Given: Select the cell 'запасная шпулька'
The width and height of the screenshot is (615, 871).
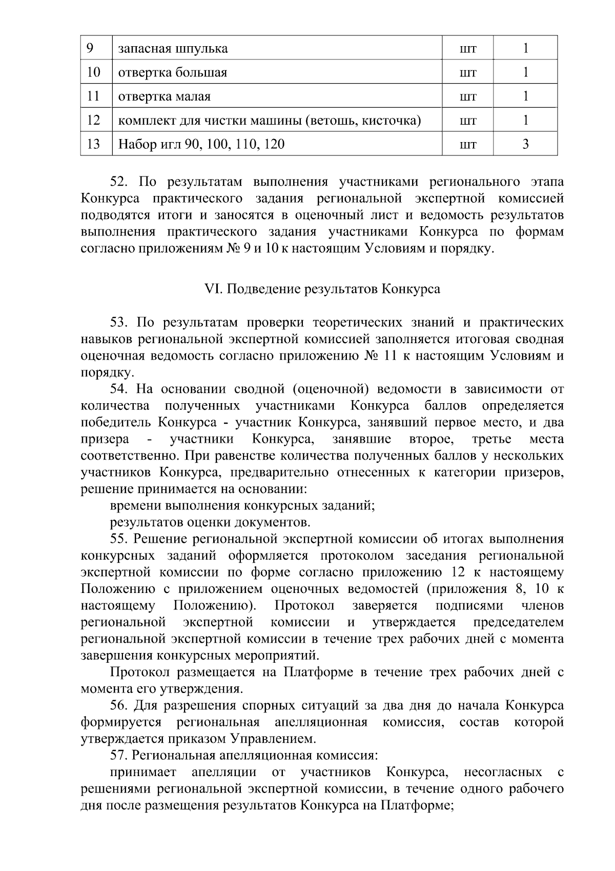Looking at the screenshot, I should [173, 49].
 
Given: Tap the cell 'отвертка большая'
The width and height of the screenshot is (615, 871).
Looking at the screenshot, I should [173, 72].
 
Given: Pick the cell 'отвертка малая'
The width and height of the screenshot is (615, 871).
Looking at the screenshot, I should [165, 96].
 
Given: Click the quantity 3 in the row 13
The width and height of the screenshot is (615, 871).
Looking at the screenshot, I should [525, 144].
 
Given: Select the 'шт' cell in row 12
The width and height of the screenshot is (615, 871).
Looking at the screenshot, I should [468, 121].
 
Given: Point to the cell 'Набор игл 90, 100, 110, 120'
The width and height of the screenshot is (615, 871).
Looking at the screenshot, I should [201, 144].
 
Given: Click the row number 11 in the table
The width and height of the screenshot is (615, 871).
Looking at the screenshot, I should [93, 96].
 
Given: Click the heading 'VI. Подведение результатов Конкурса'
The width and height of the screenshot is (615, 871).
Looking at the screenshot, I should [322, 289].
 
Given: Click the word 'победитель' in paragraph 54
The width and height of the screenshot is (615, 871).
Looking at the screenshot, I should [116, 423].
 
